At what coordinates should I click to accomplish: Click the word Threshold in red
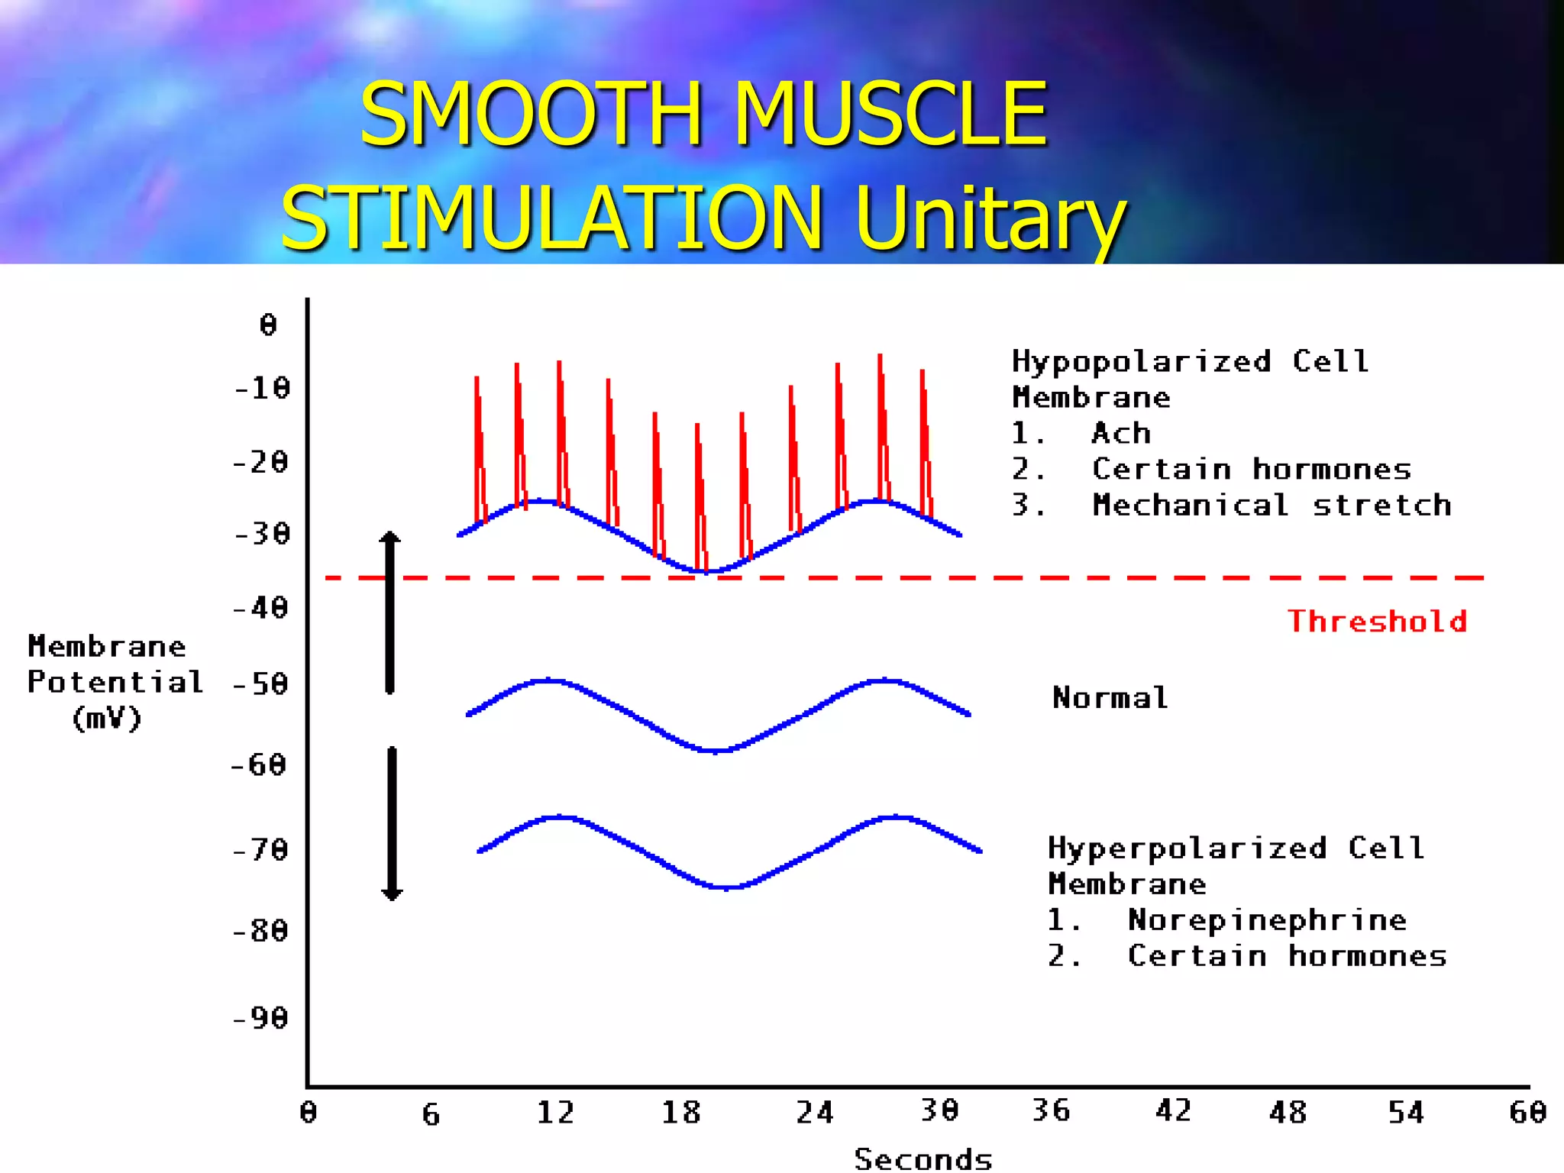pyautogui.click(x=1377, y=621)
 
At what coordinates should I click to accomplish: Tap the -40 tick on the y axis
pyautogui.click(x=261, y=608)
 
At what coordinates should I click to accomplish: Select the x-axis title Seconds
pyautogui.click(x=923, y=1158)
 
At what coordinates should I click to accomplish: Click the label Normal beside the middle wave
pyautogui.click(x=1110, y=697)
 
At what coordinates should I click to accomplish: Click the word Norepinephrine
pyautogui.click(x=1267, y=920)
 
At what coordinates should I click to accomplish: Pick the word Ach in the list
pyautogui.click(x=1121, y=433)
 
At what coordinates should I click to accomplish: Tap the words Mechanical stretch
pyautogui.click(x=1272, y=505)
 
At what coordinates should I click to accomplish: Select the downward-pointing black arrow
pyautogui.click(x=392, y=825)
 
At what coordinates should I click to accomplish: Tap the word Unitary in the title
pyautogui.click(x=990, y=218)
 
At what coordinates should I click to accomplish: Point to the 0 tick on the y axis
pyautogui.click(x=268, y=325)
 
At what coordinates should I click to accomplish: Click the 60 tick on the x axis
pyautogui.click(x=1527, y=1112)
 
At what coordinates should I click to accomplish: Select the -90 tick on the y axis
pyautogui.click(x=261, y=1018)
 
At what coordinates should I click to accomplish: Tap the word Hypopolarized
pyautogui.click(x=1142, y=361)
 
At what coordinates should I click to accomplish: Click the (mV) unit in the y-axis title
pyautogui.click(x=107, y=719)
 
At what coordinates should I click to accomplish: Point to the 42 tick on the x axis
pyautogui.click(x=1173, y=1110)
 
